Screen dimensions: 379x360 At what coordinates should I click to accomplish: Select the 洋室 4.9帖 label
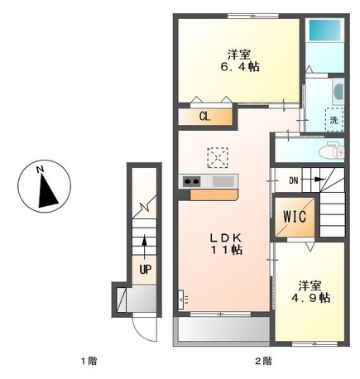tap(314, 290)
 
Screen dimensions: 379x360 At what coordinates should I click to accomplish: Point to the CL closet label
tap(204, 117)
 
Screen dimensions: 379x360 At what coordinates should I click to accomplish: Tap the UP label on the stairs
tap(145, 270)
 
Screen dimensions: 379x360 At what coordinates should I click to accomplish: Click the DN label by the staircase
tap(293, 180)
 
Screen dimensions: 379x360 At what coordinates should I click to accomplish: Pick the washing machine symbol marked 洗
tap(334, 119)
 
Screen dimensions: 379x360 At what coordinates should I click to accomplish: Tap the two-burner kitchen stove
tap(191, 182)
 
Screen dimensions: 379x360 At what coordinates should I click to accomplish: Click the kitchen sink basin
tap(222, 182)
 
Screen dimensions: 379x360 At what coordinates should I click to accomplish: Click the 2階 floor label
tap(262, 361)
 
